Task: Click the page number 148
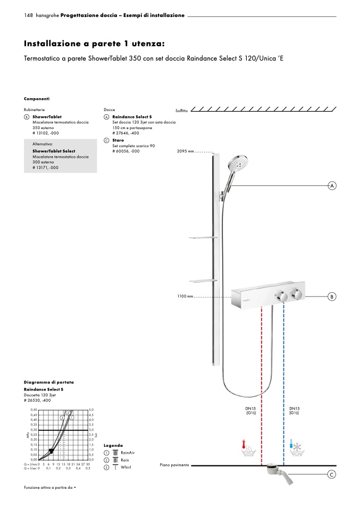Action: coord(29,15)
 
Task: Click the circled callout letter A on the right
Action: coord(332,186)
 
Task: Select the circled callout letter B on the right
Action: coord(332,296)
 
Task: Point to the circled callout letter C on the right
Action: coord(332,474)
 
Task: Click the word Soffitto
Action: coord(182,110)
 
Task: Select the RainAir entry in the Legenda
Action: coord(126,452)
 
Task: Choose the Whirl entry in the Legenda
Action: coord(125,467)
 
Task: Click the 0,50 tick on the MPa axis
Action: coord(34,410)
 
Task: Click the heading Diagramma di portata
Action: coord(49,382)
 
